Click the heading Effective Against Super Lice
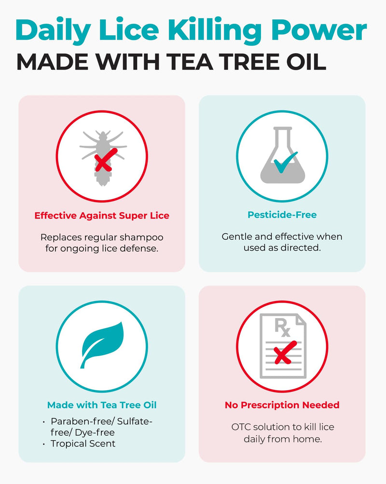(102, 215)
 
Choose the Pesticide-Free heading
(282, 215)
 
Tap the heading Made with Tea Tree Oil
(102, 405)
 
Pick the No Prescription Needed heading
(282, 405)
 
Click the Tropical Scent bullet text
(83, 443)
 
